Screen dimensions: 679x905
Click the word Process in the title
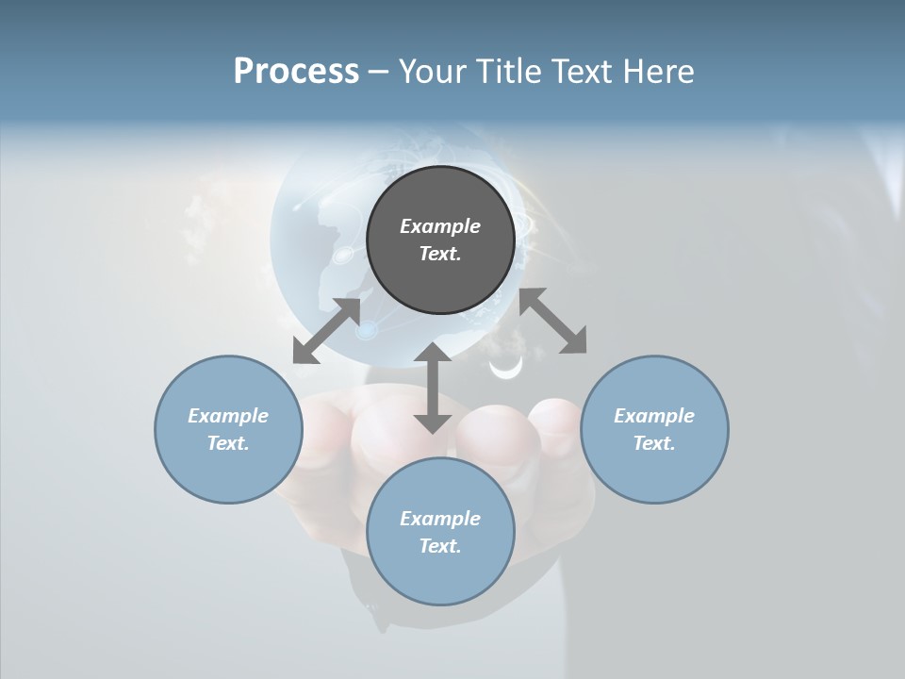[x=296, y=72]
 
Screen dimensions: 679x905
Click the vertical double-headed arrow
[x=433, y=389]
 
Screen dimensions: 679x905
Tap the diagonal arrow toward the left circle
[x=326, y=331]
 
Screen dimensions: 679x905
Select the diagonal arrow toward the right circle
[x=553, y=321]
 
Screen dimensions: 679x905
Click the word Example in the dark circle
[x=440, y=226]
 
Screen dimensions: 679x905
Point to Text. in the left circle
[x=228, y=443]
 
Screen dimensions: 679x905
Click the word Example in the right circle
[x=654, y=416]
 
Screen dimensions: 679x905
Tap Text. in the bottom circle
[x=440, y=546]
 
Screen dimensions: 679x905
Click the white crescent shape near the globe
[x=506, y=370]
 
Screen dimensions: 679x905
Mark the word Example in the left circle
[x=228, y=416]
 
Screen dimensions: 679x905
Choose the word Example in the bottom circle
[x=440, y=519]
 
